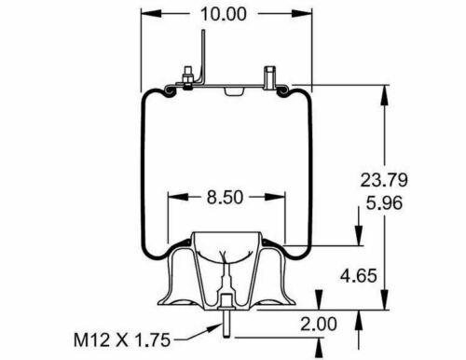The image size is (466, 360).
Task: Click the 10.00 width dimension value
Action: [x=221, y=16]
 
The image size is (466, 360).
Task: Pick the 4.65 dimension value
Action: [x=361, y=277]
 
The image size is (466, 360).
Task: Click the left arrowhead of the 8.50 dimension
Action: [x=173, y=197]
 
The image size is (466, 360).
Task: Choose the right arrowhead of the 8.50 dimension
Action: [x=281, y=197]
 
